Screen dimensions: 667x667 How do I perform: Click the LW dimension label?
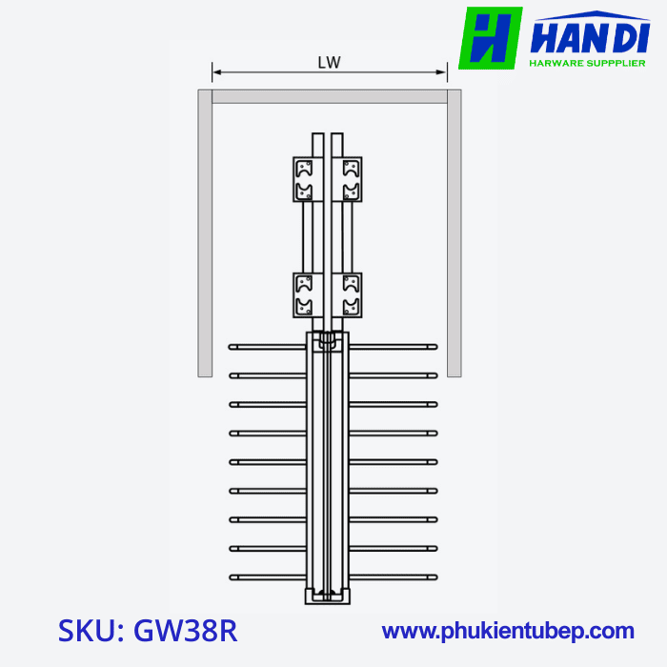coord(330,62)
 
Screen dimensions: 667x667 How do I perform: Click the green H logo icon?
coord(490,38)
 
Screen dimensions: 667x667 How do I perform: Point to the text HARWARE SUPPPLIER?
coord(588,64)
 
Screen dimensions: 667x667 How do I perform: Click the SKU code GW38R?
coord(148,631)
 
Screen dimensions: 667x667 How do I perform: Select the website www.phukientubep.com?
coord(508,631)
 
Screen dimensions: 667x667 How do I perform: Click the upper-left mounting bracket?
coord(304,179)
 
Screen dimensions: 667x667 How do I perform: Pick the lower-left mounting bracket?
coord(304,295)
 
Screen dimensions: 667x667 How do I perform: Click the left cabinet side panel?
coord(204,232)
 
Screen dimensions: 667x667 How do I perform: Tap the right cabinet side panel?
coord(455,232)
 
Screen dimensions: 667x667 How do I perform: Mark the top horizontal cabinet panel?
coord(330,96)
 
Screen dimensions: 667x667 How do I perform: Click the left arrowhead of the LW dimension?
coord(216,71)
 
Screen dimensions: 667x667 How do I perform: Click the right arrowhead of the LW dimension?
coord(442,71)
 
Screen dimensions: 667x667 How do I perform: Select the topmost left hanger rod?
coord(267,347)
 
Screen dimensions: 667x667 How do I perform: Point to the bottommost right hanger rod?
coord(393,576)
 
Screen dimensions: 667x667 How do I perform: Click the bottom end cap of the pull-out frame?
coord(327,596)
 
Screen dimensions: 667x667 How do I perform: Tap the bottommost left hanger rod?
coord(267,576)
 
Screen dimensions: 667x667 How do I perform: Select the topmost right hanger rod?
coord(393,347)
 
